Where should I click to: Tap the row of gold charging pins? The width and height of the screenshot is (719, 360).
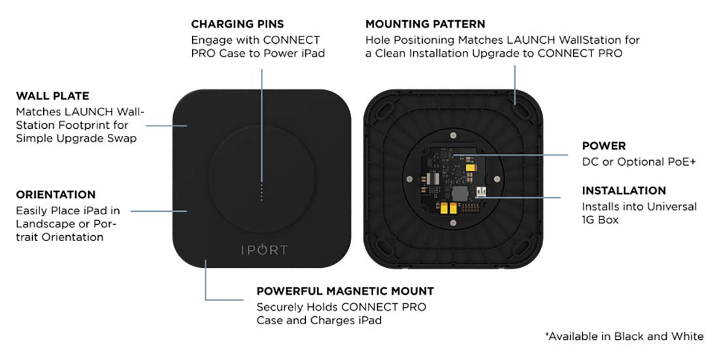pos(261,192)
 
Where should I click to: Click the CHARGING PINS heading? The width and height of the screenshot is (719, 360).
pos(237,24)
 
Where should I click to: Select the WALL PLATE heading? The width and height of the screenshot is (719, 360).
pos(52,96)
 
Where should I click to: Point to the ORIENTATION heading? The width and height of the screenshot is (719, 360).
pos(56,195)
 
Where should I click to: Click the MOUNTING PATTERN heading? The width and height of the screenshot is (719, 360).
pos(425,24)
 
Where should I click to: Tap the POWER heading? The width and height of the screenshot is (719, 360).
pos(604,146)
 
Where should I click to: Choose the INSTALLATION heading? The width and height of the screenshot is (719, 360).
pos(624,191)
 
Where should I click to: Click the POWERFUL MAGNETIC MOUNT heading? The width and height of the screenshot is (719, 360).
pos(345,291)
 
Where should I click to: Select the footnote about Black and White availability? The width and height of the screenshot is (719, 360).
pos(624,336)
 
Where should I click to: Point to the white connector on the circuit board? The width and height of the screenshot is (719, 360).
pos(482,191)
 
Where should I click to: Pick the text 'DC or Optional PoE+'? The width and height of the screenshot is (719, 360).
pos(639,161)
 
